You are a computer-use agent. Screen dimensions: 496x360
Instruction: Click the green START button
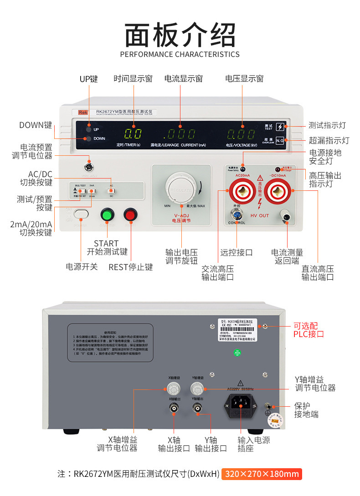108,215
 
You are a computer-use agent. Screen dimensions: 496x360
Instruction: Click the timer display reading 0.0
133,134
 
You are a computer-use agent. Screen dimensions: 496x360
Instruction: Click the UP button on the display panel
88,129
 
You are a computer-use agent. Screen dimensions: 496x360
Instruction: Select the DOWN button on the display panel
88,138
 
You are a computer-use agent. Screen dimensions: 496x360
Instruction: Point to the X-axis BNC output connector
174,409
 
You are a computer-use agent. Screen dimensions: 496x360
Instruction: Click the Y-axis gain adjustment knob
197,389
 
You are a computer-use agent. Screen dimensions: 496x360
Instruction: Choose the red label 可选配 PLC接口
309,330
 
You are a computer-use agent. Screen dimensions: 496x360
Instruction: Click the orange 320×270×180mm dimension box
262,474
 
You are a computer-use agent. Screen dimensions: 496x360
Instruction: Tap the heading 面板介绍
180,35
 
